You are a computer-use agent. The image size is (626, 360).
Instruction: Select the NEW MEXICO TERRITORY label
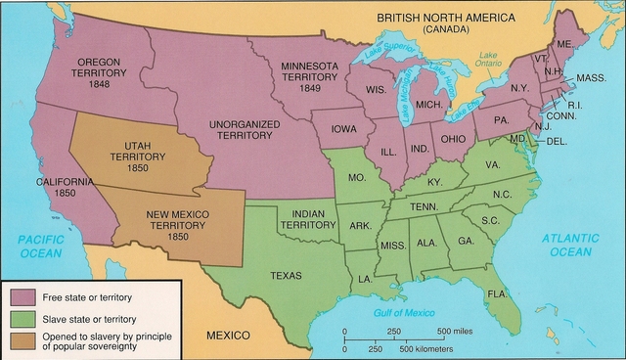(x=179, y=224)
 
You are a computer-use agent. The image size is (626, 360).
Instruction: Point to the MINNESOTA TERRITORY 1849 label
(x=310, y=74)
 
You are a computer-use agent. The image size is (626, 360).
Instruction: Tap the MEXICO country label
(x=234, y=336)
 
